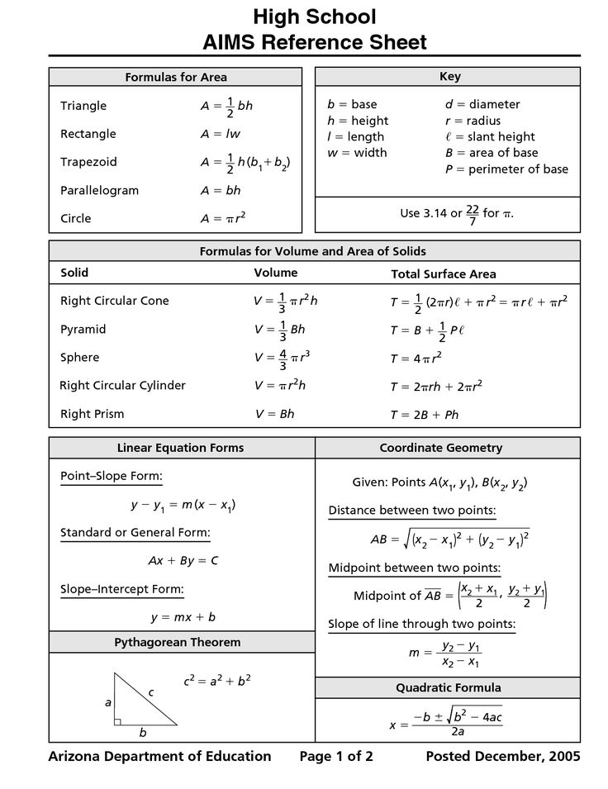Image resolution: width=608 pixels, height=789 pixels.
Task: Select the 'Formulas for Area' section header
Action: tap(175, 78)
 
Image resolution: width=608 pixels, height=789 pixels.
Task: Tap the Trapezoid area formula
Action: tap(245, 163)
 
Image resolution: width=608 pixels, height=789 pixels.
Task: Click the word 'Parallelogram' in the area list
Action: tap(99, 191)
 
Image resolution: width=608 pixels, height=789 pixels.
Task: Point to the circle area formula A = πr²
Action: tap(223, 219)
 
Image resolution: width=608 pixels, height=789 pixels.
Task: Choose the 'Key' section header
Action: tap(450, 77)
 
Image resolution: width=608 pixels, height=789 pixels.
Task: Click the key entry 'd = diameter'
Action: tap(482, 105)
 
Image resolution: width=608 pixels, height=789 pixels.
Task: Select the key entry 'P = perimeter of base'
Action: tap(506, 169)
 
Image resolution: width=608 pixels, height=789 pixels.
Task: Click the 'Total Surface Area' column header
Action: tap(443, 274)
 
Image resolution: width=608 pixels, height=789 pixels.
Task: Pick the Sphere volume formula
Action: tap(282, 358)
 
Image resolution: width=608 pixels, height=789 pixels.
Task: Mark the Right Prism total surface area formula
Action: tap(425, 415)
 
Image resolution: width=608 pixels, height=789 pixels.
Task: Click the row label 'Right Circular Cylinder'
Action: tap(122, 386)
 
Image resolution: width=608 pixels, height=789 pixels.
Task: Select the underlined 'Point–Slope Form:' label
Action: tap(112, 477)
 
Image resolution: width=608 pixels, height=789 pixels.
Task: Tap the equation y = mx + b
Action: tap(183, 617)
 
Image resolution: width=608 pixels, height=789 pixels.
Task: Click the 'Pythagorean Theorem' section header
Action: tap(178, 643)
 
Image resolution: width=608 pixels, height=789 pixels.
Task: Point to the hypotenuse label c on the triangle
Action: tap(151, 692)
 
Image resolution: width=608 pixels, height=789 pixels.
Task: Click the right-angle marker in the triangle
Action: tap(118, 721)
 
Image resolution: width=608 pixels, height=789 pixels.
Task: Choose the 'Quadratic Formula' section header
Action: tap(449, 688)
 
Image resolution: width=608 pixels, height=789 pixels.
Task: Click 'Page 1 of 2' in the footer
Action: tap(336, 756)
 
